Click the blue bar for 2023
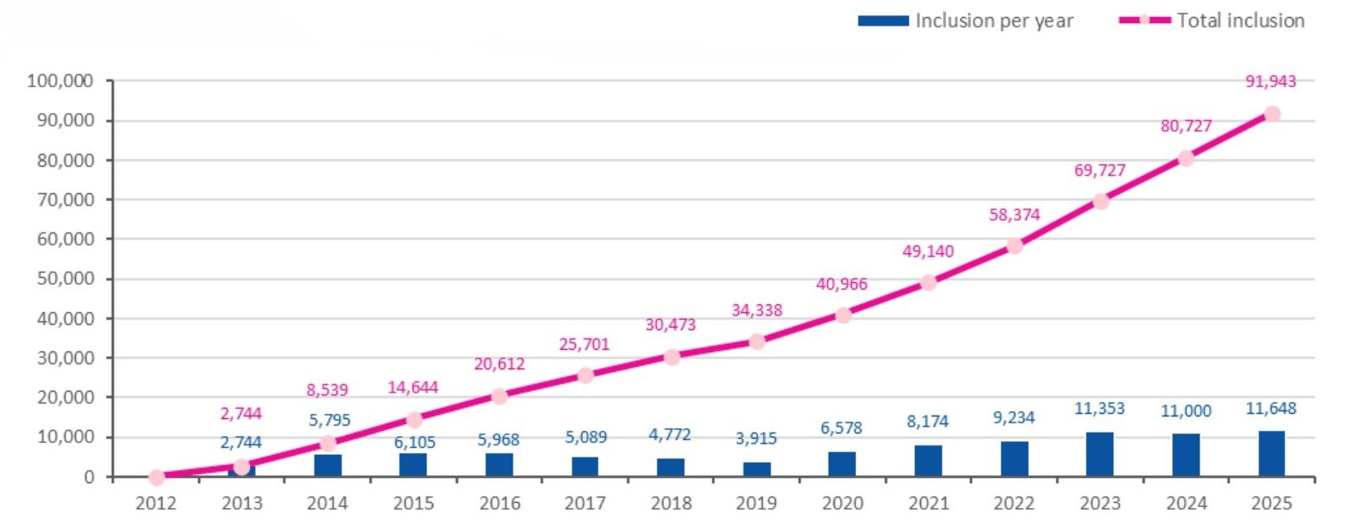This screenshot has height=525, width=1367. pos(1100,454)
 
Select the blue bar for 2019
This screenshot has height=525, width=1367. pos(756,469)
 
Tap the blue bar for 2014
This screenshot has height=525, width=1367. pos(327,465)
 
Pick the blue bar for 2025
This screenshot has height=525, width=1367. pos(1271,453)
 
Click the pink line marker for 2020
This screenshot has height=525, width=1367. pos(843,315)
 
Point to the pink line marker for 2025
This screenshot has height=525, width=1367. pos(1271,114)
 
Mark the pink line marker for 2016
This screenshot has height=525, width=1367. pos(500,396)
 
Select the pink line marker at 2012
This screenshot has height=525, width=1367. pos(156,477)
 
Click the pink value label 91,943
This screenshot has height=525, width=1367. pos(1270,81)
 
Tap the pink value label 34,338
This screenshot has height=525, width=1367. pos(756,310)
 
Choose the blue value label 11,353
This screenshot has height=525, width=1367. pos(1100,409)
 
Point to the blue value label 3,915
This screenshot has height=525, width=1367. pos(756,439)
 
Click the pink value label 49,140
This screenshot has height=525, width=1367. pos(928,251)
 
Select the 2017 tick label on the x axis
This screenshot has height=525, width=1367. pos(585,504)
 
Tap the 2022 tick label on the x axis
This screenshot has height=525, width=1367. pos(1014,504)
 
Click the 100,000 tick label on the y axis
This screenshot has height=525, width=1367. pos(60,81)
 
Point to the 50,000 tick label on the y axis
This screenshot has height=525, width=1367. pos(65,279)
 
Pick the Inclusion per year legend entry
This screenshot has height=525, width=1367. pos(965,21)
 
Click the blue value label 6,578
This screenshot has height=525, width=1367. pos(842,428)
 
